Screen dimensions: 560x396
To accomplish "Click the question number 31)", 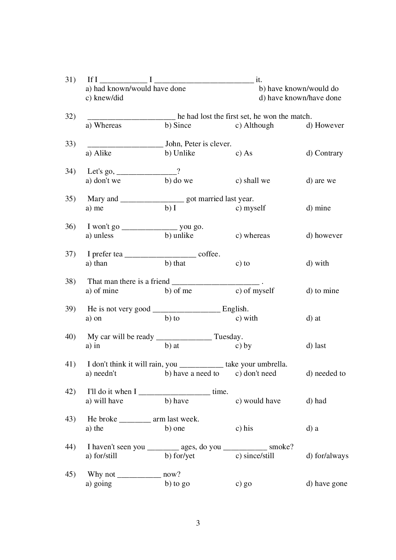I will [x=70, y=79].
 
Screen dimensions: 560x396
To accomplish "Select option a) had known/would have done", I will [x=135, y=89].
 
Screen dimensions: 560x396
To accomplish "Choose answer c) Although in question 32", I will [x=255, y=125].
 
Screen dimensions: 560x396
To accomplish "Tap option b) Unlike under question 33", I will [x=180, y=153].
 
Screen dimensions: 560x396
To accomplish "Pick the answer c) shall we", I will [x=253, y=180].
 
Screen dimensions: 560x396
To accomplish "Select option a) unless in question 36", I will [x=99, y=235].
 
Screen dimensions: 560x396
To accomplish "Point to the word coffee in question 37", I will [x=209, y=254].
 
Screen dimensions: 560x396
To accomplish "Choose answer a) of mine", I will [x=102, y=291].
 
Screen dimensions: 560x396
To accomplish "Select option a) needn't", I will [x=101, y=373].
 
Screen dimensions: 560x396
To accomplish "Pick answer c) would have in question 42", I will [x=258, y=401].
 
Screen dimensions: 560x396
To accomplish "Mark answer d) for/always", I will [x=327, y=456].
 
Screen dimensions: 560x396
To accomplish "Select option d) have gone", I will [x=326, y=483].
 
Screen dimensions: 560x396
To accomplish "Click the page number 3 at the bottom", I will [x=198, y=523].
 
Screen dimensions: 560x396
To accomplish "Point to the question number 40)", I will [x=70, y=337].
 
